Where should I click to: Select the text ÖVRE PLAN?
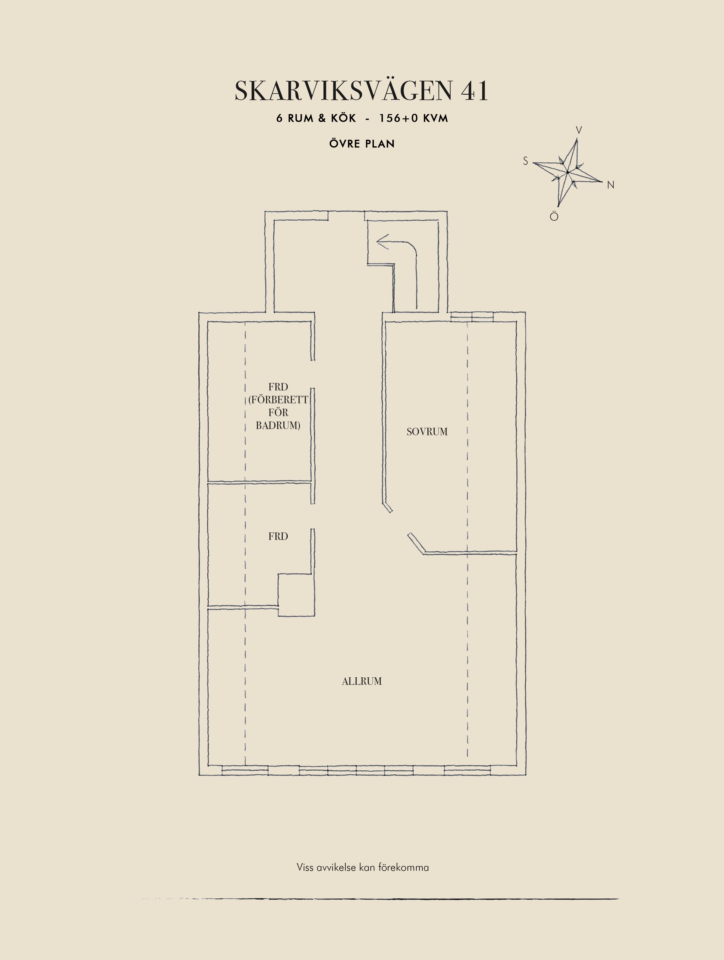pos(362,144)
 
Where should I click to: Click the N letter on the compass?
pos(611,185)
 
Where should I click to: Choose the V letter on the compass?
pos(579,130)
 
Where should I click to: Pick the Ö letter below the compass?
pos(554,216)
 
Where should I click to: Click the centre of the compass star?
pos(567,172)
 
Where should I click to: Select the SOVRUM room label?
pos(427,432)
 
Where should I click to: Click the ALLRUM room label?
pos(362,681)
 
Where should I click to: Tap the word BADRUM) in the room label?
pos(278,425)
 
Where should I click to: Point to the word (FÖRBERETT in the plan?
pos(278,400)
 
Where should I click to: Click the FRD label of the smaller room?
pos(278,536)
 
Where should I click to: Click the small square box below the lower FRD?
pos(296,595)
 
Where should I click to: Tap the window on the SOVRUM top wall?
pos(472,316)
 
